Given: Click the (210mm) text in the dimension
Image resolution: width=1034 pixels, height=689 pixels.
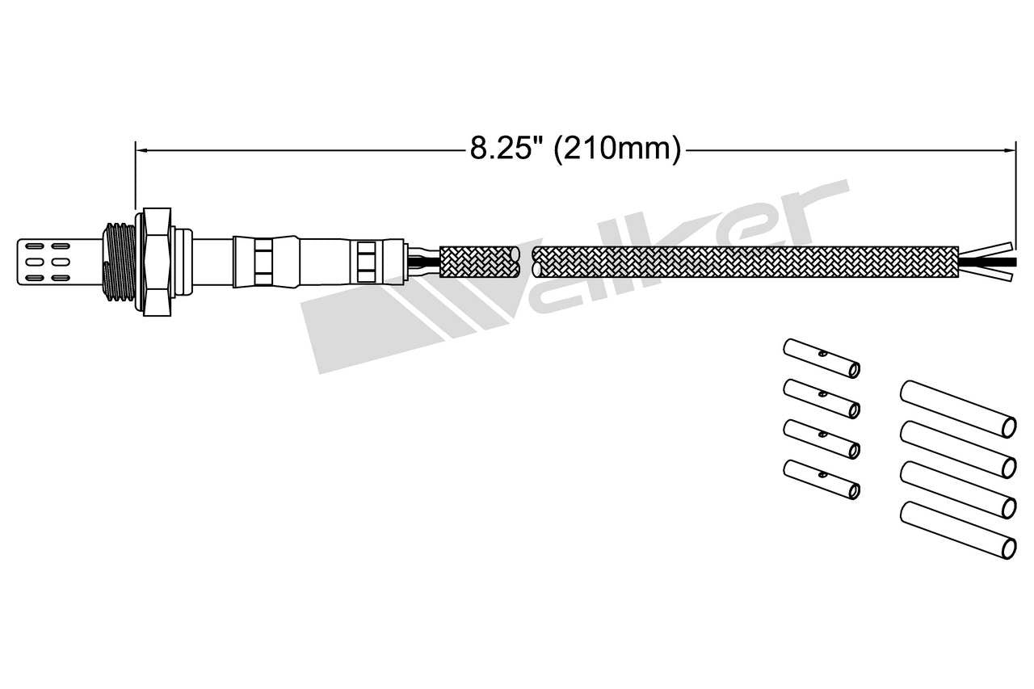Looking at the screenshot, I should pyautogui.click(x=617, y=149).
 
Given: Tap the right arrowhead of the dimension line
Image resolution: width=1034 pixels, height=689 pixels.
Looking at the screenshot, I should pyautogui.click(x=1009, y=149).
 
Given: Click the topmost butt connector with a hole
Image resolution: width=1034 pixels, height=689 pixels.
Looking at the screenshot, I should pyautogui.click(x=821, y=359).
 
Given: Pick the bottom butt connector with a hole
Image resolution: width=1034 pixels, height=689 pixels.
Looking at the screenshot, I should pyautogui.click(x=821, y=480).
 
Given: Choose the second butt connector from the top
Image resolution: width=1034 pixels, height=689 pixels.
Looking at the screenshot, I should pyautogui.click(x=821, y=399).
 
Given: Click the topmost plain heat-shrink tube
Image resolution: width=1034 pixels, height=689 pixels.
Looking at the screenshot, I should pyautogui.click(x=957, y=408).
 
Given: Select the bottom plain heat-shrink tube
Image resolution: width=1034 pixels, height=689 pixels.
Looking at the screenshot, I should pyautogui.click(x=957, y=529).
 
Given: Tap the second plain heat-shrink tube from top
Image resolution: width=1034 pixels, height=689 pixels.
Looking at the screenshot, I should pyautogui.click(x=957, y=448).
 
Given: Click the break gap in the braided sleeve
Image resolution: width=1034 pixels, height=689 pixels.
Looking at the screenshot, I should pyautogui.click(x=526, y=262).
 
